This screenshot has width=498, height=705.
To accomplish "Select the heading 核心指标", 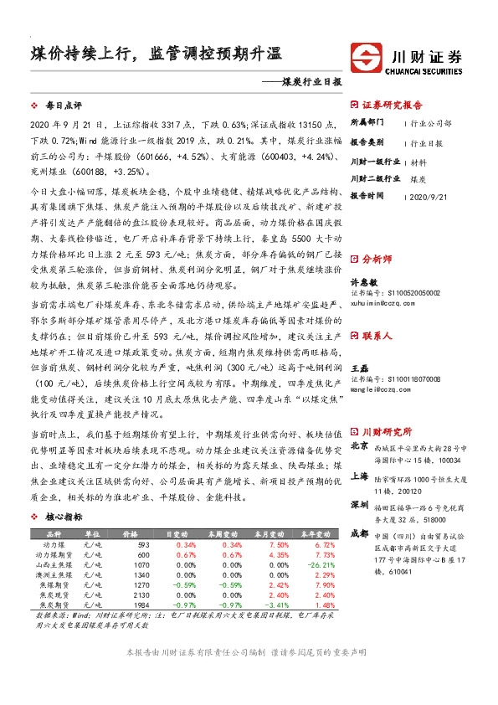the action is point(64,517).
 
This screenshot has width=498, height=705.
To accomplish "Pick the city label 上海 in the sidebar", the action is point(359,475).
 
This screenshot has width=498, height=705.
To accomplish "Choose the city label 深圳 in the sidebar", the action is point(359,506).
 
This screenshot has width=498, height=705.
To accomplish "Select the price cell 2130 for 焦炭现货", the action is point(140,595).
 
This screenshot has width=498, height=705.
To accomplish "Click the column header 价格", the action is point(131,535).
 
